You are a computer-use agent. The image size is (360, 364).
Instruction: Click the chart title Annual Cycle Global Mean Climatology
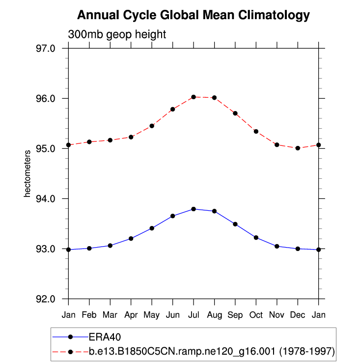[194, 16]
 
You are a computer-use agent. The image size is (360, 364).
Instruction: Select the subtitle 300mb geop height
[117, 35]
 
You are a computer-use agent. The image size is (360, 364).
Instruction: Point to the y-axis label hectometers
[28, 173]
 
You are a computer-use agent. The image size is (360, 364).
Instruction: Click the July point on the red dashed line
[194, 97]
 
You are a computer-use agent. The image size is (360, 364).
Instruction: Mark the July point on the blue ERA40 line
[194, 209]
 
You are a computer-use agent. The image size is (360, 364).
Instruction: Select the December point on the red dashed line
[298, 148]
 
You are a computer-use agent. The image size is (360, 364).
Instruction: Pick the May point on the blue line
[152, 228]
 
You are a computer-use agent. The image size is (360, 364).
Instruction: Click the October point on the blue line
[256, 237]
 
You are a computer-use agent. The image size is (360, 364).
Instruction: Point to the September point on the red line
[235, 113]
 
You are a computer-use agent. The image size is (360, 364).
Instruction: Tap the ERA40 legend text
[105, 337]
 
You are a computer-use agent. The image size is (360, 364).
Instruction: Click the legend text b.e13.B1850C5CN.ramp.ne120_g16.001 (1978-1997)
[212, 352]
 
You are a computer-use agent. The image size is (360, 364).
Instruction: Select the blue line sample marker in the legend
[70, 337]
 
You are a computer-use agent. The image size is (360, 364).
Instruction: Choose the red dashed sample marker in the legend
[70, 352]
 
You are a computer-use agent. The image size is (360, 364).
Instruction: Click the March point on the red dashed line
[110, 140]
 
